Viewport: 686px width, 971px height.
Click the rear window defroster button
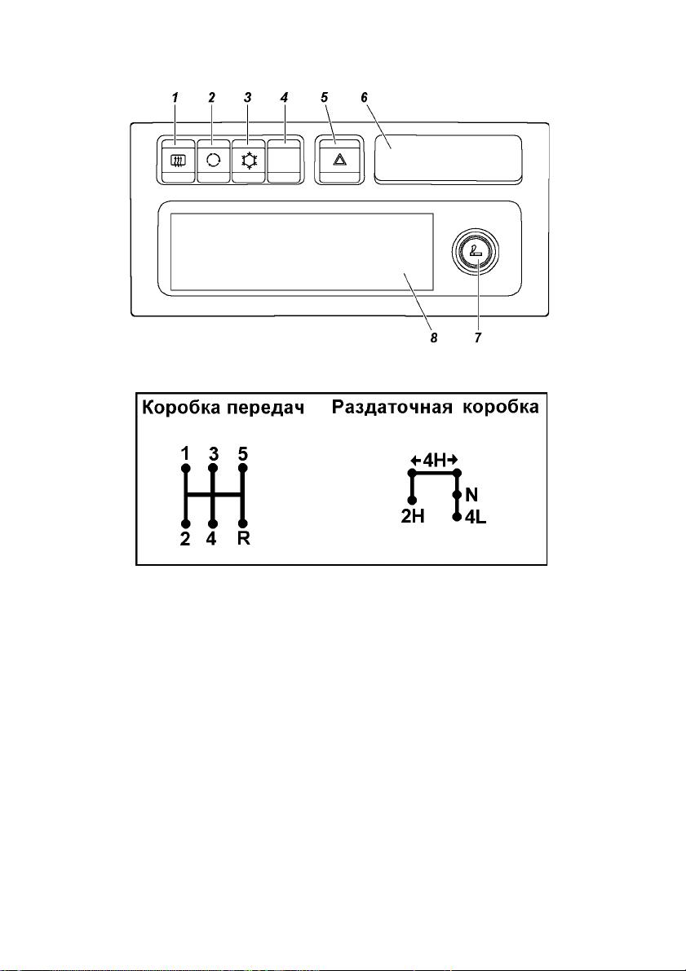(x=178, y=160)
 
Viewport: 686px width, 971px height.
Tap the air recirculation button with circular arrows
(x=213, y=160)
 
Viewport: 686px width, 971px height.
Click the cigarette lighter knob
(x=476, y=253)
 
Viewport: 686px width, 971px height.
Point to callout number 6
(x=365, y=98)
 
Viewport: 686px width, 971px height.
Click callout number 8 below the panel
(x=434, y=338)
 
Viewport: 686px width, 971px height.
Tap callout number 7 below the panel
(x=478, y=338)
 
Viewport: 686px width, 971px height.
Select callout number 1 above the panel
(x=175, y=98)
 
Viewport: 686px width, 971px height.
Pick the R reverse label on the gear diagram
(x=244, y=539)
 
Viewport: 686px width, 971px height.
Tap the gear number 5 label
(x=244, y=454)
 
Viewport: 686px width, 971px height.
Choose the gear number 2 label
(x=185, y=539)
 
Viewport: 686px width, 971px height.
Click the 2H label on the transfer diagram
(x=413, y=516)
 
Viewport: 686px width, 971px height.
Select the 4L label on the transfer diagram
(x=476, y=516)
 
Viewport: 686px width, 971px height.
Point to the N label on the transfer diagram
(x=471, y=495)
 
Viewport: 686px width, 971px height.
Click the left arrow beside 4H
(x=416, y=460)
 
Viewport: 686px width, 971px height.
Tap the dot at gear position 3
(x=213, y=468)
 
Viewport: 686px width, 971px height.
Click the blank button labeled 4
(x=285, y=160)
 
